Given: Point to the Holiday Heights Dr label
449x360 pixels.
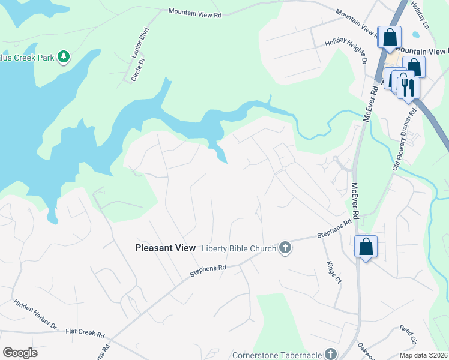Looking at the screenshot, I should [x=346, y=50].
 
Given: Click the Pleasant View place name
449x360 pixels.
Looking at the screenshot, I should [x=166, y=248].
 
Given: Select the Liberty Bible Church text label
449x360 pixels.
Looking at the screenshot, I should [x=238, y=248].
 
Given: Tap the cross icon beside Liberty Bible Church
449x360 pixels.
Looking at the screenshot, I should [x=285, y=248].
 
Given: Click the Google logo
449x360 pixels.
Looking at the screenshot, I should [x=20, y=353].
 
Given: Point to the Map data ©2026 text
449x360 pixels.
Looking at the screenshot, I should [x=424, y=355].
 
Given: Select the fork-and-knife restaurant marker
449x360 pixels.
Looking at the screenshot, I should [x=408, y=88].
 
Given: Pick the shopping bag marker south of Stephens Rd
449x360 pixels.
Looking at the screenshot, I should [x=366, y=247].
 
